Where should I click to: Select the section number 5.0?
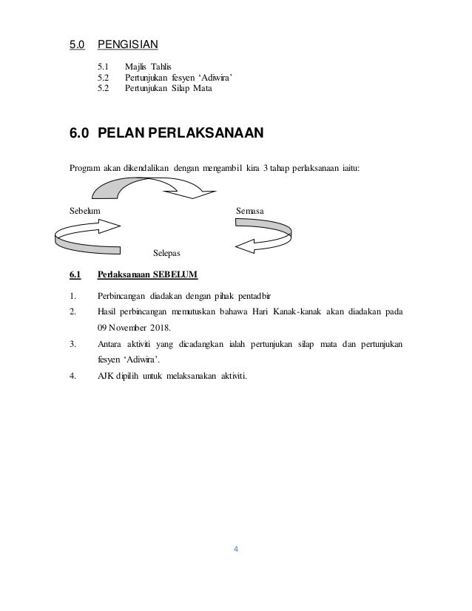click(77, 43)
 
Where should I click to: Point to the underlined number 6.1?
click(74, 275)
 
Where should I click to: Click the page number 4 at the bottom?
click(235, 549)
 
